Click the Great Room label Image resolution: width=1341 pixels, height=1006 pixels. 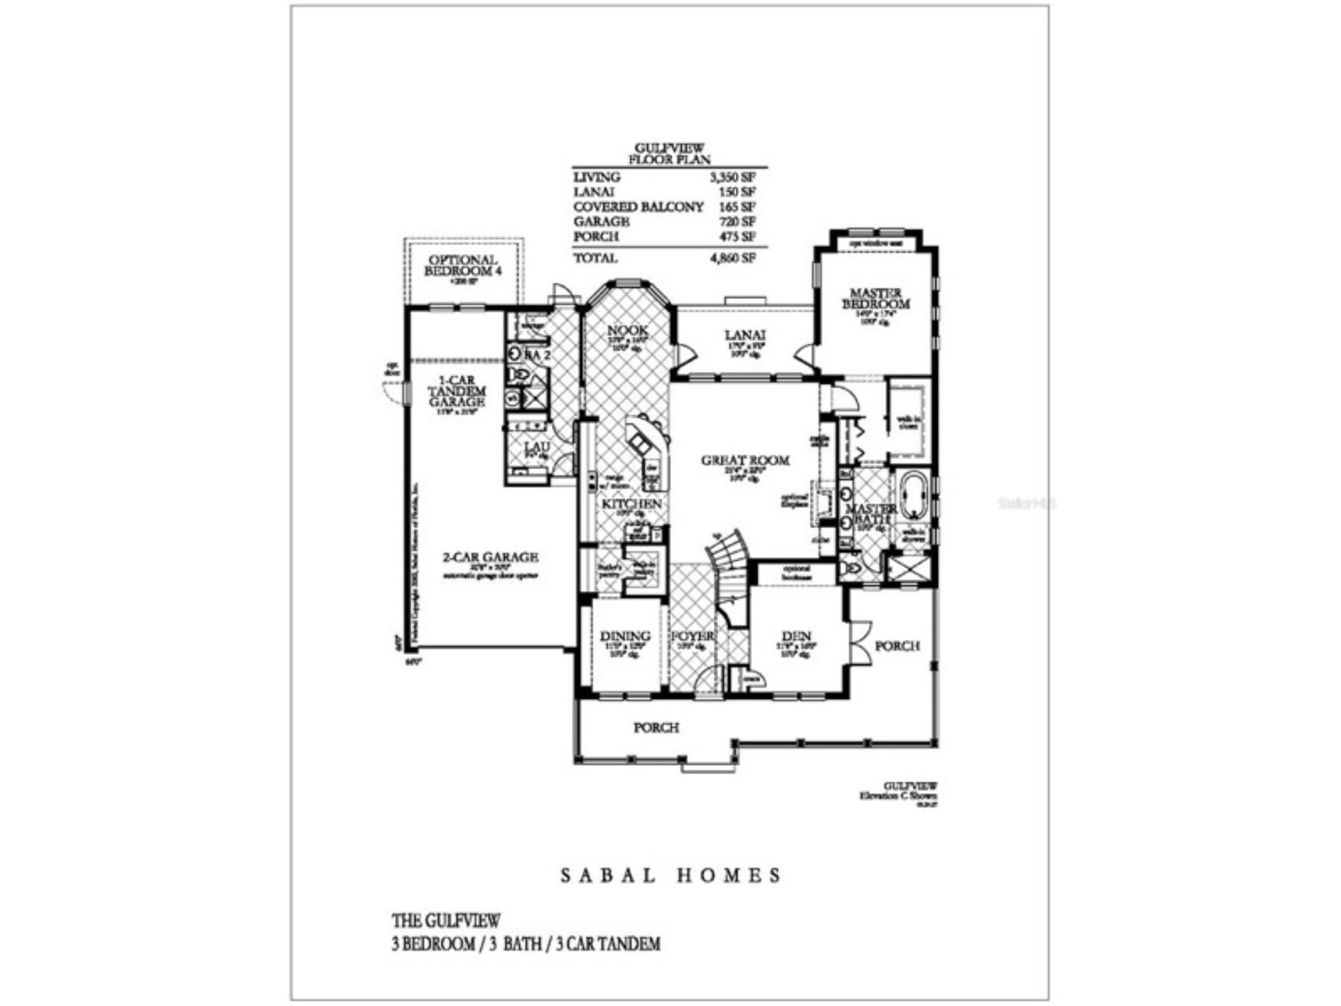(745, 460)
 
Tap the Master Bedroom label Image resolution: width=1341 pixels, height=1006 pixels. (876, 298)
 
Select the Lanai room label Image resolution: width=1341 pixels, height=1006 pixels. (745, 334)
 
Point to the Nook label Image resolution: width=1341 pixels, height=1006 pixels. (627, 330)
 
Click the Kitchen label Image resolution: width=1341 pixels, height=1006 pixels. (631, 504)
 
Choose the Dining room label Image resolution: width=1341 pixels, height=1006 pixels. (625, 636)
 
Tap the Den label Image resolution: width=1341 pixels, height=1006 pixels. (796, 636)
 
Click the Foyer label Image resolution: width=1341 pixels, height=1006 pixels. (693, 636)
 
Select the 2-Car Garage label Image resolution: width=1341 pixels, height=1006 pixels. (490, 557)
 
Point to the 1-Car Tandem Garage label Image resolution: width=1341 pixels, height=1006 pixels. (457, 391)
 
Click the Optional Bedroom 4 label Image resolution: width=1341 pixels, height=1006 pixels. (463, 265)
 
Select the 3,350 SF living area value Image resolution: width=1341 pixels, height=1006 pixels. (733, 177)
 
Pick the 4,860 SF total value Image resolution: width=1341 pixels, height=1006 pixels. (733, 258)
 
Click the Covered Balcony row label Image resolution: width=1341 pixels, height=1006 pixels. (638, 207)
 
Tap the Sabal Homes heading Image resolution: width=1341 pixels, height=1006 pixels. (670, 875)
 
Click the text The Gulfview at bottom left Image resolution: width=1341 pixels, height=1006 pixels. (446, 920)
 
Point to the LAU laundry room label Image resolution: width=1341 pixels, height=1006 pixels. (537, 446)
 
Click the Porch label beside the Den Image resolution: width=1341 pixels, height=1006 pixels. (897, 646)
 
